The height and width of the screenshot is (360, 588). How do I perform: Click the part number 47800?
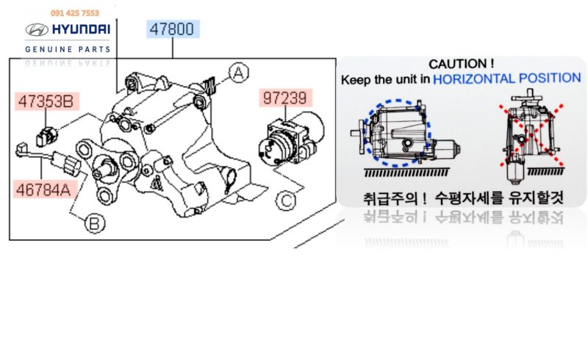pos(172,29)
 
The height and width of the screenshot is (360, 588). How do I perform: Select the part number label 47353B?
pos(46,101)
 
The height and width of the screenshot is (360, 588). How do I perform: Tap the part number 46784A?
pos(44,190)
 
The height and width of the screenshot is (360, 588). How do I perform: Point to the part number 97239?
pos(285,98)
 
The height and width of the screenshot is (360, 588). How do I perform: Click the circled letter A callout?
pos(239,73)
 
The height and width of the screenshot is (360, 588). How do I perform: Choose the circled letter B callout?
pos(95,223)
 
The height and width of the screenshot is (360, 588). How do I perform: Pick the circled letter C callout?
pos(286,201)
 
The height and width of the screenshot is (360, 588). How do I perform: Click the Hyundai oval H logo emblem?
pos(37,29)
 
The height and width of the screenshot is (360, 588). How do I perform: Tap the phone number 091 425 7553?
pos(75,13)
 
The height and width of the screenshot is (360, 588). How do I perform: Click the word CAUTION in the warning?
pos(458,64)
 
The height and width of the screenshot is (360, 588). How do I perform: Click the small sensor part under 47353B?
pos(47,136)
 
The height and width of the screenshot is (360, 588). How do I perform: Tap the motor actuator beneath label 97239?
pos(291,139)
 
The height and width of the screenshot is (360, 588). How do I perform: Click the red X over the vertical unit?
pos(531,134)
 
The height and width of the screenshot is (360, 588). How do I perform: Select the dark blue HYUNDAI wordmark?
pos(81,29)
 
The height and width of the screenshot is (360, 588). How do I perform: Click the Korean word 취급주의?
pos(390,198)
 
